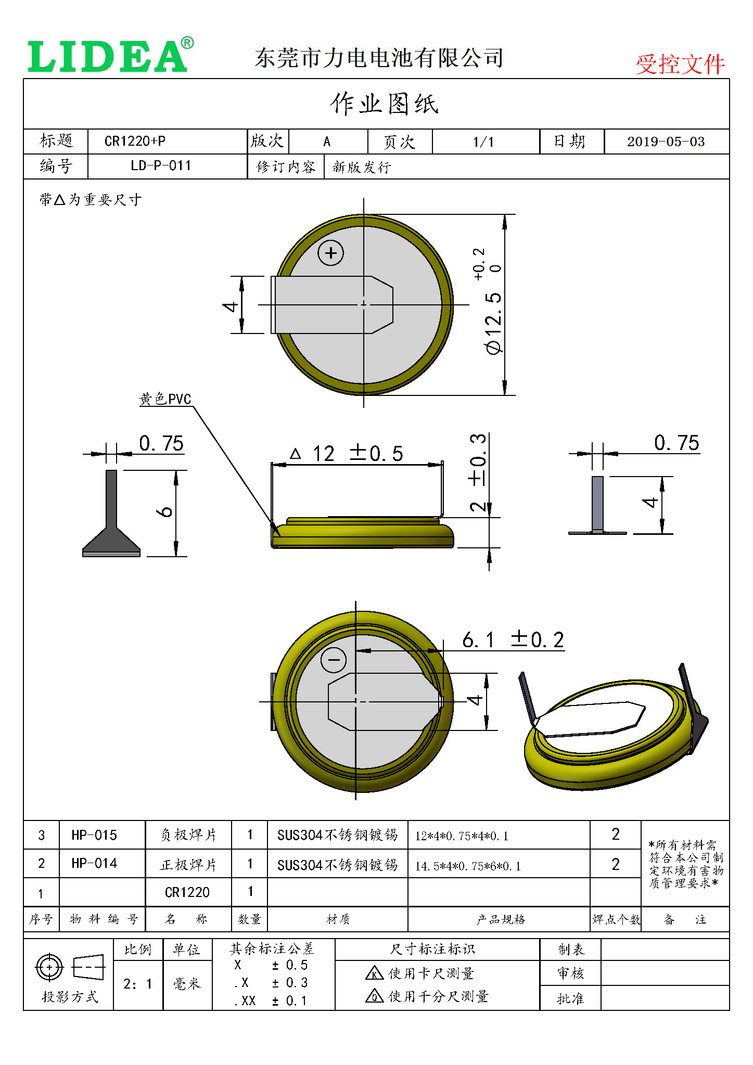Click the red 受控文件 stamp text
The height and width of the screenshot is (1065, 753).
pos(680,65)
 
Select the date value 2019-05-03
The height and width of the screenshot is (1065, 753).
pos(666,142)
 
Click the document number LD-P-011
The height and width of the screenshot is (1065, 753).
pos(161,166)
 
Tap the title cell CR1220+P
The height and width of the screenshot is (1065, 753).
pos(135,141)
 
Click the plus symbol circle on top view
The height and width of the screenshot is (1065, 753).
pos(331,253)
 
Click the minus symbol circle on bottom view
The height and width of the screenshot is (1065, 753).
pos(334,660)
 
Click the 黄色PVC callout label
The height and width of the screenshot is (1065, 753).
pos(165,399)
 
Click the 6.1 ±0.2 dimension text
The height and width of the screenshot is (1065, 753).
pos(513,640)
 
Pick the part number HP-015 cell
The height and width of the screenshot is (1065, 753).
pos(94,835)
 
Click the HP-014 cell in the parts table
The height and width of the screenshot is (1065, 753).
pos(94,863)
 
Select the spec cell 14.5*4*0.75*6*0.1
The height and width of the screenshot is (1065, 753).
pos(468,866)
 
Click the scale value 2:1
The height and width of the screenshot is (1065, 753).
pos(138,984)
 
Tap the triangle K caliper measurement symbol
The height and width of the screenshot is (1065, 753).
pos(374,973)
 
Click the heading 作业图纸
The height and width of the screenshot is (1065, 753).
pos(384,104)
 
